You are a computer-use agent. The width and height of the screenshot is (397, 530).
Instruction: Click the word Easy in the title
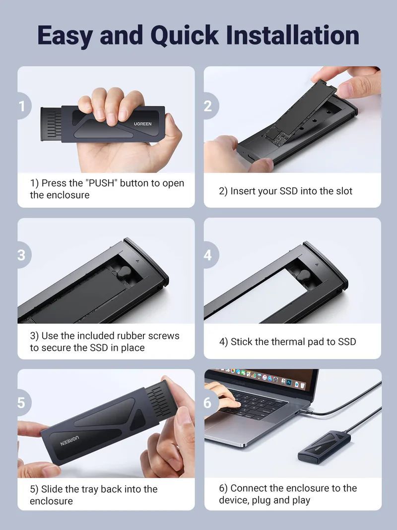click(65, 35)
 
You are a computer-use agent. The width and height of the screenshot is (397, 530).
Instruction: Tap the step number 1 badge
click(22, 106)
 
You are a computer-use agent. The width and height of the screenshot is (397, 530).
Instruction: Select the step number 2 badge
click(208, 105)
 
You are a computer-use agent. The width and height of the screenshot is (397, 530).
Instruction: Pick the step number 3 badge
click(22, 255)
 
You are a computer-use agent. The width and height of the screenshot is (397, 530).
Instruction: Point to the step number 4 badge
click(208, 255)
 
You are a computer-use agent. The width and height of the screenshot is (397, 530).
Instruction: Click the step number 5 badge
click(22, 402)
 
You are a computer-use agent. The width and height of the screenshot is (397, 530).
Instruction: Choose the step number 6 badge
click(208, 402)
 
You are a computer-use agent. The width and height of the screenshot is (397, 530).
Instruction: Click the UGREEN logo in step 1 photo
click(142, 124)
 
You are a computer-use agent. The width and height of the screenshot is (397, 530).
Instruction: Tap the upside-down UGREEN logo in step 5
click(70, 440)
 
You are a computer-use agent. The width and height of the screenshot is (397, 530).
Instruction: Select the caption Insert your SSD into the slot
click(285, 191)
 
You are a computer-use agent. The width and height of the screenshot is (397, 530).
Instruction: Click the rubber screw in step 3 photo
click(125, 271)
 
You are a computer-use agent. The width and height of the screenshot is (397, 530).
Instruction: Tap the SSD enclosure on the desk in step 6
click(323, 447)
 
